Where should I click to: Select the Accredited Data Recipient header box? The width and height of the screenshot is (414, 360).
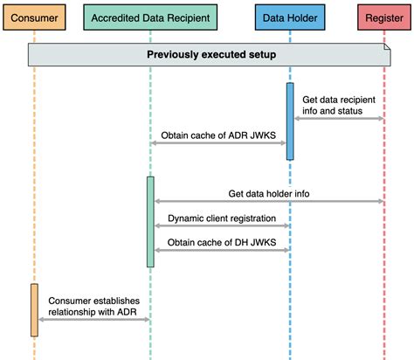point(150,17)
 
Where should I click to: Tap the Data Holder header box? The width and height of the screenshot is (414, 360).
point(289,17)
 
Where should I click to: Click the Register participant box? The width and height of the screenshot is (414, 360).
point(383,17)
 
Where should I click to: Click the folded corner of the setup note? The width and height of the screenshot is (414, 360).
point(383,48)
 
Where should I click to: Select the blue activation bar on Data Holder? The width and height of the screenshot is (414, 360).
point(289,121)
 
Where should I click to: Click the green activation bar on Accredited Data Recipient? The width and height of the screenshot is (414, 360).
point(150,221)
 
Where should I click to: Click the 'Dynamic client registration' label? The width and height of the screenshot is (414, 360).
point(222,217)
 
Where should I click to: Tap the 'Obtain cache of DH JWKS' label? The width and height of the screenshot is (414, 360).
point(222,240)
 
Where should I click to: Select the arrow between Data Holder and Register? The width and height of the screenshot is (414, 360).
point(337,119)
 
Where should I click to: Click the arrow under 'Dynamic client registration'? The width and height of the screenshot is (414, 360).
point(220,225)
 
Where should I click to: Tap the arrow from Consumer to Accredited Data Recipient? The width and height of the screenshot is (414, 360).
point(93,320)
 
